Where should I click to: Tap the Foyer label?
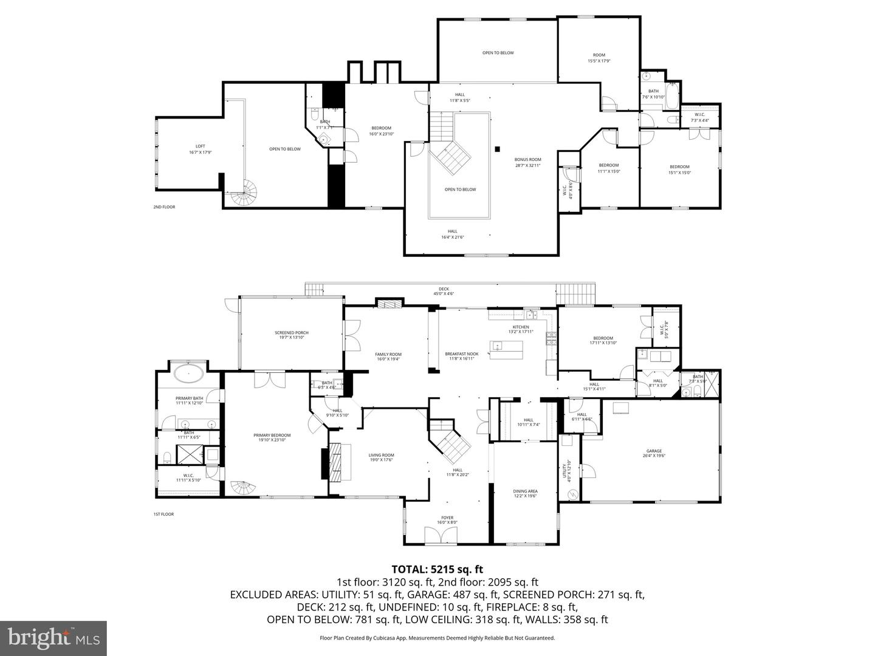[x=447, y=520]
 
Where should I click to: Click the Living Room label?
[x=381, y=457]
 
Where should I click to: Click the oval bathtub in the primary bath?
[x=190, y=374]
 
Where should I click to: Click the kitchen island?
[x=507, y=350]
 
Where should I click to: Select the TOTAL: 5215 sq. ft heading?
[x=437, y=570]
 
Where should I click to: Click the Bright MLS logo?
[x=53, y=638]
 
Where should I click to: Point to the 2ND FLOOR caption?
[x=164, y=207]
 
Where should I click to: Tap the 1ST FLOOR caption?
[x=163, y=514]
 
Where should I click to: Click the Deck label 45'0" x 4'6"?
[x=444, y=292]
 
